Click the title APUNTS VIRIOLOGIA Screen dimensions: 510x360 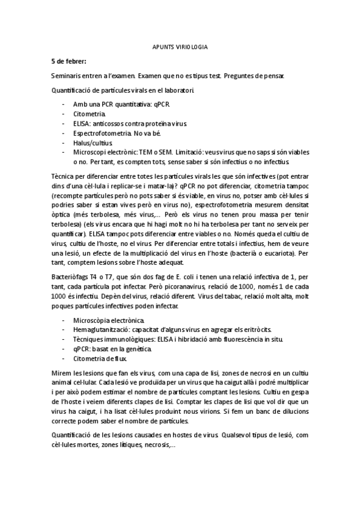(x=179, y=46)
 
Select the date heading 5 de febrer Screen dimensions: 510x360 (x=69, y=61)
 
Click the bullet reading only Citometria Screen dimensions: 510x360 (x=90, y=113)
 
